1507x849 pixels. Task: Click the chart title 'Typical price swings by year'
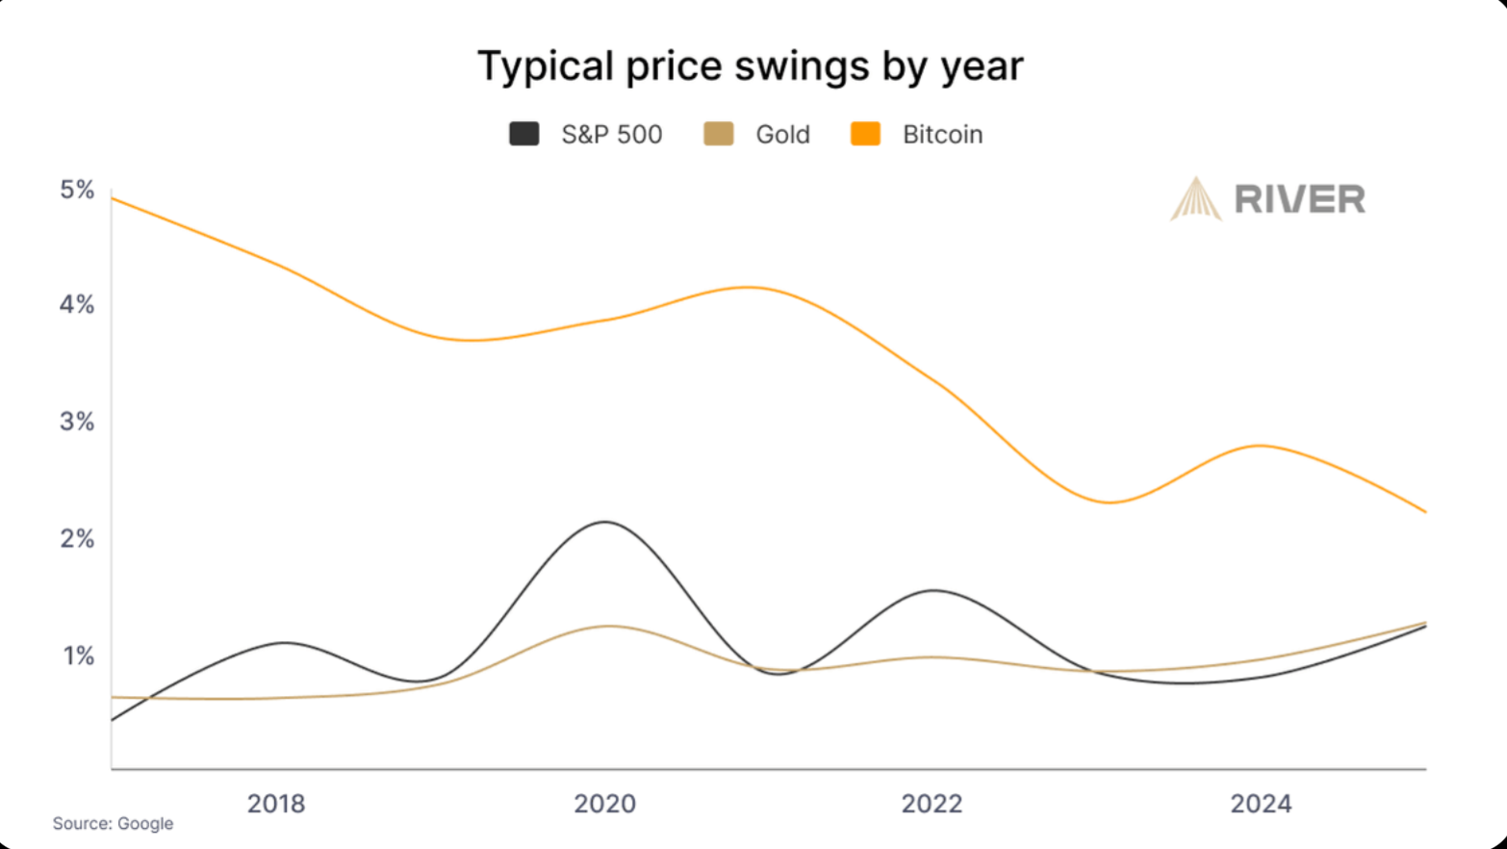[x=750, y=66]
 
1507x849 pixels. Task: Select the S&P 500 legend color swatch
[x=524, y=134]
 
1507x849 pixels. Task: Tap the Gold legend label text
[x=782, y=135]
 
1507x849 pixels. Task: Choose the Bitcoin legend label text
[x=942, y=135]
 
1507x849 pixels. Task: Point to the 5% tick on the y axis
[x=77, y=190]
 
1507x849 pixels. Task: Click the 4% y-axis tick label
[x=77, y=305]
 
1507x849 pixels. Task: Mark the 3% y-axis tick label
[x=77, y=422]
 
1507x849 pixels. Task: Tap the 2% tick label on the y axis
[x=77, y=539]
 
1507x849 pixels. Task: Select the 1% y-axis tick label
[x=79, y=656]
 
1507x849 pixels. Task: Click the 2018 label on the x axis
[x=276, y=804]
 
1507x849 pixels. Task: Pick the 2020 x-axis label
[x=604, y=804]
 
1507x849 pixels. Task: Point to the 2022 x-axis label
[x=932, y=804]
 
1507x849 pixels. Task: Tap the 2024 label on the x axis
[x=1261, y=804]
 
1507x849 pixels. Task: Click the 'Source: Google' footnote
[x=113, y=824]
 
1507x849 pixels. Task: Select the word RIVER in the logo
[x=1299, y=200]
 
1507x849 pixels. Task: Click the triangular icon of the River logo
[x=1195, y=200]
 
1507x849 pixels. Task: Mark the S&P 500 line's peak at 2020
[x=604, y=522]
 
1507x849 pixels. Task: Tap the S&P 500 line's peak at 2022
[x=932, y=590]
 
